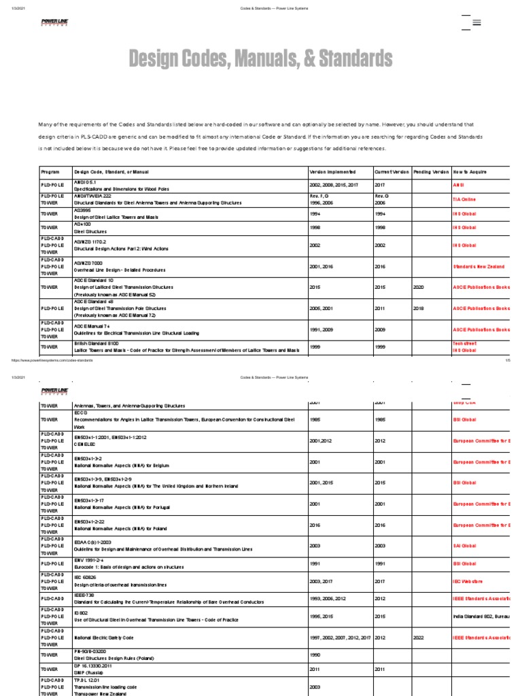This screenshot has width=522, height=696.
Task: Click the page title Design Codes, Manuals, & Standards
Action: point(260,59)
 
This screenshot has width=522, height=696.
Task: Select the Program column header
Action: point(51,172)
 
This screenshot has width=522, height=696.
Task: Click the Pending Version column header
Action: point(431,172)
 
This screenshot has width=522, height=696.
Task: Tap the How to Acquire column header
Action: point(470,172)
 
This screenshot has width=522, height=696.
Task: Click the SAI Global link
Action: point(464,545)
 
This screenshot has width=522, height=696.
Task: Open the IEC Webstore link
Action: point(468,581)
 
